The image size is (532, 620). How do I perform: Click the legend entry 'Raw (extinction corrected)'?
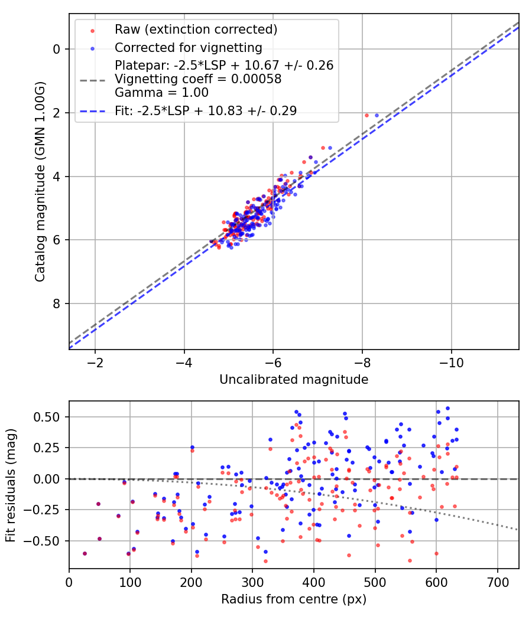coord(196,30)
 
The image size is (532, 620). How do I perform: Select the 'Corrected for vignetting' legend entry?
coord(188,47)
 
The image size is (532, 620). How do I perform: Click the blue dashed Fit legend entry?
coord(206,110)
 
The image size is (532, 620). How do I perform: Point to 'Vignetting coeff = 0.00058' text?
coord(198,79)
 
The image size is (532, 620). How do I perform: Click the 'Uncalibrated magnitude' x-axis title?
coord(294,380)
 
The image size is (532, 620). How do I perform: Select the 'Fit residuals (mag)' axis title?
coord(11,485)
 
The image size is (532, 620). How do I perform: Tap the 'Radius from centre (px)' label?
coord(294,599)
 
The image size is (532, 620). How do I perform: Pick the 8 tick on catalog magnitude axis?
coord(57,304)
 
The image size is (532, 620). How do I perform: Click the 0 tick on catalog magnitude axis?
coord(57,49)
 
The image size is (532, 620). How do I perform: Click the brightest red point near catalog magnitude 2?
coord(366,115)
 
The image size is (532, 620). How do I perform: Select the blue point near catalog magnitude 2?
coord(377,115)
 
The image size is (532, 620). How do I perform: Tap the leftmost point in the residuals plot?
coord(85,553)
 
